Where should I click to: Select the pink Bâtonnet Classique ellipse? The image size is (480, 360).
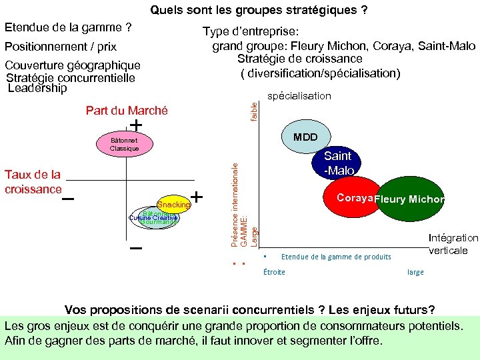pyautogui.click(x=124, y=144)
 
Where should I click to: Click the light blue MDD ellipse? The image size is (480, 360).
pyautogui.click(x=305, y=137)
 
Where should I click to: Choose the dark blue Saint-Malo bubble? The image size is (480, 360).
pyautogui.click(x=337, y=163)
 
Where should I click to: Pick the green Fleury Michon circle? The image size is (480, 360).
pyautogui.click(x=409, y=199)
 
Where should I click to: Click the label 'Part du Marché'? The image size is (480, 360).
pyautogui.click(x=127, y=111)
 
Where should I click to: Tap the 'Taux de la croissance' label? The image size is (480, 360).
pyautogui.click(x=33, y=181)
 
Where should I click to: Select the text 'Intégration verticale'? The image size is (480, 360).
pyautogui.click(x=453, y=243)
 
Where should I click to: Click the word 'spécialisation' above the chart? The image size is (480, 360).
pyautogui.click(x=299, y=96)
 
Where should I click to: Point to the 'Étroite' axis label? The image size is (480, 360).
pyautogui.click(x=274, y=272)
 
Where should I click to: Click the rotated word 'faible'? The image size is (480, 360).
pyautogui.click(x=254, y=110)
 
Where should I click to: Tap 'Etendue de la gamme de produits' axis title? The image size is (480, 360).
pyautogui.click(x=336, y=257)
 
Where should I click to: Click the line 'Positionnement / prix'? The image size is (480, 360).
pyautogui.click(x=61, y=47)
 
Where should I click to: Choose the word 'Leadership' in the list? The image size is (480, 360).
pyautogui.click(x=37, y=88)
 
